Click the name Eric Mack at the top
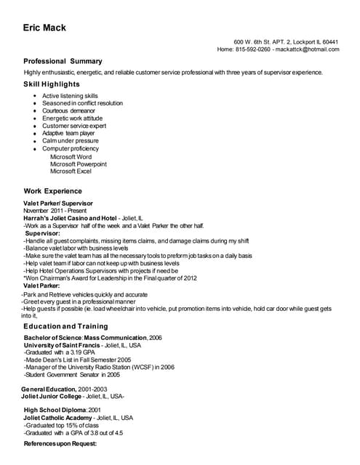click(44, 28)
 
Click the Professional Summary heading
click(63, 61)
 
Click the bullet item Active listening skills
click(70, 96)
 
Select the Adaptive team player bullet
click(68, 134)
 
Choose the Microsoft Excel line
click(71, 171)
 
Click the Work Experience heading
click(53, 190)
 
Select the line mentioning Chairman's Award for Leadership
click(110, 278)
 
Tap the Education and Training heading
click(65, 326)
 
